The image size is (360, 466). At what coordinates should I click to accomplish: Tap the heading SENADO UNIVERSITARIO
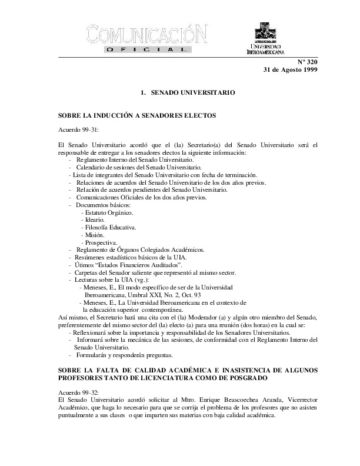tap(193, 93)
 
